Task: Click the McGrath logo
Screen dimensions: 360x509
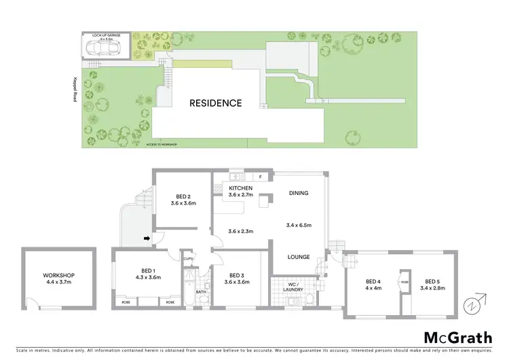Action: [458, 338]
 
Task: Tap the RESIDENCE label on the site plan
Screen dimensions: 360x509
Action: [215, 103]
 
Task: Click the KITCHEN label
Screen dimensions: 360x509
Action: [241, 188]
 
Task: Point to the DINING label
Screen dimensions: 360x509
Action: [298, 193]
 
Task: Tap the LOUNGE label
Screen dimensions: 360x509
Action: [298, 257]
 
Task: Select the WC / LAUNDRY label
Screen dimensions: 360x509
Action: [292, 285]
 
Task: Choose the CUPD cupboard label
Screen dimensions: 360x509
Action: [189, 259]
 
